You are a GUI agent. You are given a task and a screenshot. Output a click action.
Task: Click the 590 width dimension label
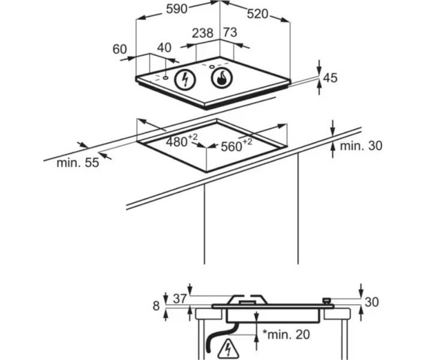tap(177, 9)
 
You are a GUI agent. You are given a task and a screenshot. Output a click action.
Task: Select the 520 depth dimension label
tap(257, 14)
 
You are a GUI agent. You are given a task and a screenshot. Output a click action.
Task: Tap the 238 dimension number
tap(202, 33)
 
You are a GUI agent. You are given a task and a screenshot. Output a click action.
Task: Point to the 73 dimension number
tap(230, 32)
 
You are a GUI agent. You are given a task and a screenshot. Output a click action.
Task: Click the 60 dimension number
tap(119, 49)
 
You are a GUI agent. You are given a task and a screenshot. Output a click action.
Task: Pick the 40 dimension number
tap(164, 48)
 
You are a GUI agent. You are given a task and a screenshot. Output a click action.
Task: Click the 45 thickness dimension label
tap(330, 78)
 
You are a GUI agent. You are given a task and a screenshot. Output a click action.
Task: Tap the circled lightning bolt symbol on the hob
tap(185, 79)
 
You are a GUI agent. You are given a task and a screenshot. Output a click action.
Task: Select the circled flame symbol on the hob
tap(221, 78)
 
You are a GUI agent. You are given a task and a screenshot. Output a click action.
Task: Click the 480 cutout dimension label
tap(181, 141)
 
